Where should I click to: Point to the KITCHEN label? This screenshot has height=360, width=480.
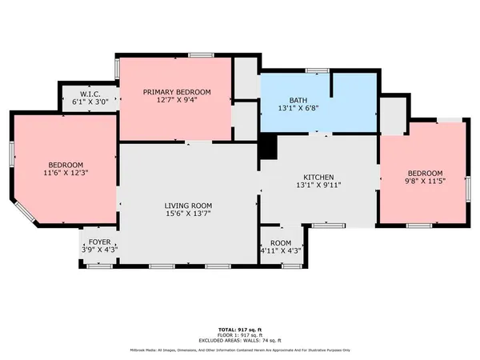click(318, 178)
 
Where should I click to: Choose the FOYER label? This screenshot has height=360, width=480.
click(99, 240)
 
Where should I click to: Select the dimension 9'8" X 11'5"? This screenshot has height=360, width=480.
click(425, 182)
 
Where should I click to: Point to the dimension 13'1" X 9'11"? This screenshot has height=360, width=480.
click(318, 186)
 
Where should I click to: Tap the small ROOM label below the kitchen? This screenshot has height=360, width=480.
click(281, 242)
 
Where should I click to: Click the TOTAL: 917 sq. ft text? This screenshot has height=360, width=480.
click(239, 330)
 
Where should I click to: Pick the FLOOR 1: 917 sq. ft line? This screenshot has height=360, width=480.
click(239, 335)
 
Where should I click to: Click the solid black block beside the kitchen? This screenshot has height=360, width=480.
click(268, 146)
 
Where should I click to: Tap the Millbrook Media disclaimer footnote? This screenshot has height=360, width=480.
click(239, 350)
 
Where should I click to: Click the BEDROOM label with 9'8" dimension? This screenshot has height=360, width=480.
click(425, 174)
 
